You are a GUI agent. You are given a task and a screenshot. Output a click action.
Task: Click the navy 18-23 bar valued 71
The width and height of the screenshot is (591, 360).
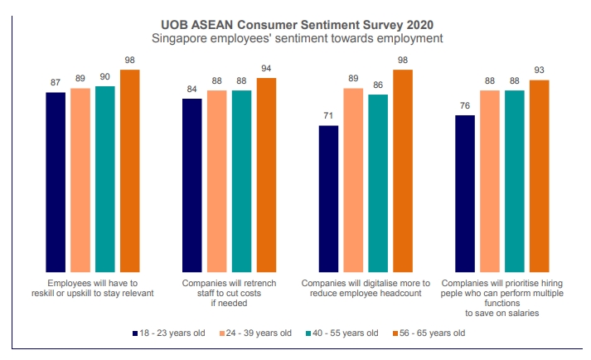coord(328,199)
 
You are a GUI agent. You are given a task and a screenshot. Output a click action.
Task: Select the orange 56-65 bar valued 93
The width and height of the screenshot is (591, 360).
coord(539,176)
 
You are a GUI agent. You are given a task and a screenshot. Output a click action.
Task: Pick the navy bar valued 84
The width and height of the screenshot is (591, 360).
coord(192,186)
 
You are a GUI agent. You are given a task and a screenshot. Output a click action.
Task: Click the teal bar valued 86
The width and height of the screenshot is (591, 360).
coord(378,183)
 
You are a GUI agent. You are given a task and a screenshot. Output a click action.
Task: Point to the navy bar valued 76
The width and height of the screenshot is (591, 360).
coord(465,193)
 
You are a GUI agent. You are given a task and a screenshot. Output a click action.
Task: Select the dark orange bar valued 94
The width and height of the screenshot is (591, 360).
coord(266,175)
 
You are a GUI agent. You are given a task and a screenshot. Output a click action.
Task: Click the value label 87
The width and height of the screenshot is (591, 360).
coord(56,83)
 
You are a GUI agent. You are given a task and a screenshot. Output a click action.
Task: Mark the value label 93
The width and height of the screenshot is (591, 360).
coord(539,71)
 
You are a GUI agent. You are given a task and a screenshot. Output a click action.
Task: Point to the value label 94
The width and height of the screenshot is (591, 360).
coord(266,68)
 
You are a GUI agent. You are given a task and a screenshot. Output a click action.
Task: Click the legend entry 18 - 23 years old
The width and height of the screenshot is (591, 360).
coord(171,333)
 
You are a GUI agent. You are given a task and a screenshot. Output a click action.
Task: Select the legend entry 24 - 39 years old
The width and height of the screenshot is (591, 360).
coord(257,333)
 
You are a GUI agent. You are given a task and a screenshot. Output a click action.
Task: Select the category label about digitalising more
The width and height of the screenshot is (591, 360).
coord(366,288)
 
